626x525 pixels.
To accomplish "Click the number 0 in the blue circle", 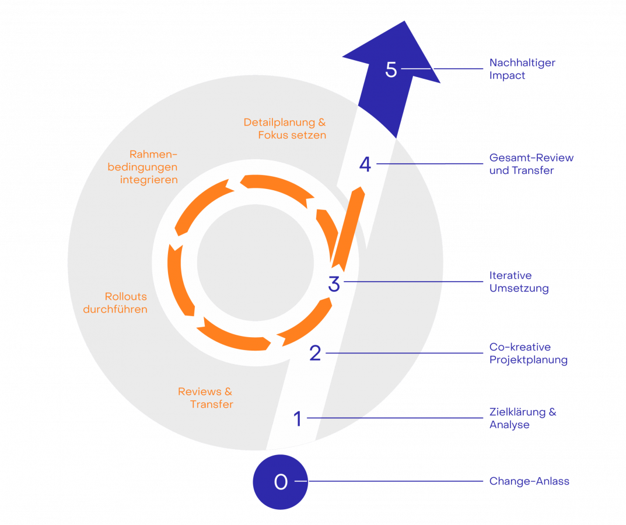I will click(281, 482).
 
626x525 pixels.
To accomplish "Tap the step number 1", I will click(298, 418).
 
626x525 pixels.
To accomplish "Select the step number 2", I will click(315, 353).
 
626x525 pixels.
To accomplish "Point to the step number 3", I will click(334, 283).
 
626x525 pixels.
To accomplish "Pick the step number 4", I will click(365, 164).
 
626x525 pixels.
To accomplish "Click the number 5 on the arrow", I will click(391, 69).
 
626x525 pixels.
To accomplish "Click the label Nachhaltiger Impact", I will click(522, 69).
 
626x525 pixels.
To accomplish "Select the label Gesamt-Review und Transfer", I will click(531, 164).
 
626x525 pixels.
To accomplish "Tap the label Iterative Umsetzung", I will click(519, 282).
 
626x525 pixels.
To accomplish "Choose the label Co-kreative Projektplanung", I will click(528, 353).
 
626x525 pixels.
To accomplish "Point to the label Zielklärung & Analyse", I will click(522, 419).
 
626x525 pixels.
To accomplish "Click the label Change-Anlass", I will click(529, 482).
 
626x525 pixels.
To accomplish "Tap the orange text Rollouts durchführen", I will click(116, 303).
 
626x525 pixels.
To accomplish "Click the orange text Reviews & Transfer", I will click(205, 398).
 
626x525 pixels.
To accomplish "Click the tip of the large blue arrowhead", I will click(404, 22).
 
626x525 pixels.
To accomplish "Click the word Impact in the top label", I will click(507, 76).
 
